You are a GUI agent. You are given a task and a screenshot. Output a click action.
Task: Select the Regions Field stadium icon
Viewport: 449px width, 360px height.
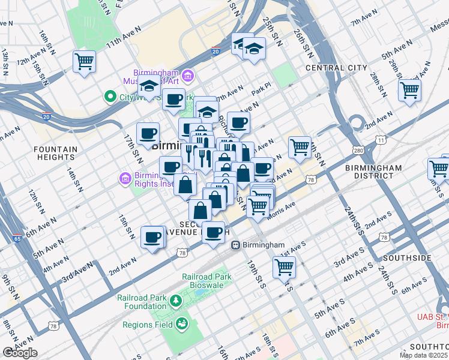(181, 325)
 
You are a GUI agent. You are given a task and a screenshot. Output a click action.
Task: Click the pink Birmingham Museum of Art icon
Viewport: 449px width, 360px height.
(188, 76)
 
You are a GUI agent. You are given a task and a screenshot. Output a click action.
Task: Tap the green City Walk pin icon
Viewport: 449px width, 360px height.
(110, 96)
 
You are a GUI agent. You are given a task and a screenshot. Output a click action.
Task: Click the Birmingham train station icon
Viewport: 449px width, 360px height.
(237, 245)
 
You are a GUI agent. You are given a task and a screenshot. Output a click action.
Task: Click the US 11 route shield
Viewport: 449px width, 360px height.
(381, 140)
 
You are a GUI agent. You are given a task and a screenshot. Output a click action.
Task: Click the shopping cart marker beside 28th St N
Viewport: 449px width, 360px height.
(409, 91)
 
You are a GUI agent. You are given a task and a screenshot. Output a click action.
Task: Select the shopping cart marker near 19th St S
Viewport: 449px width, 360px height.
(284, 266)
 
